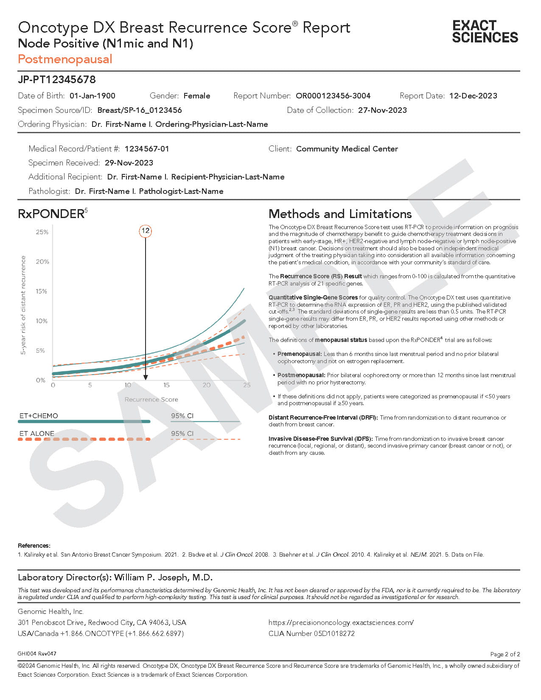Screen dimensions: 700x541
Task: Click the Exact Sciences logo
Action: (485, 31)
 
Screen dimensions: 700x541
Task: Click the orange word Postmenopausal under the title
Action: (65, 59)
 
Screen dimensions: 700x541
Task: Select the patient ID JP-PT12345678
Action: (57, 79)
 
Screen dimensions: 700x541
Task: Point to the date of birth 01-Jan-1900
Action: (92, 96)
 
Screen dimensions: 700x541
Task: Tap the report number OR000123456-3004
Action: (333, 96)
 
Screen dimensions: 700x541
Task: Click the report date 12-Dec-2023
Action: (473, 96)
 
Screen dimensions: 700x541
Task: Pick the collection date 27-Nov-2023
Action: (382, 110)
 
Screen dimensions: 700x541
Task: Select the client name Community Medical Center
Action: (347, 149)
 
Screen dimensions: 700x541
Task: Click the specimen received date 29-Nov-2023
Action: (129, 163)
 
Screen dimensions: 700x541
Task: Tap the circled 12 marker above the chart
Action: (145, 231)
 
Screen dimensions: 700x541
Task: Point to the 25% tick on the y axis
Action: (42, 232)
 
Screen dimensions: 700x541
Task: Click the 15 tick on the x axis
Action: (166, 385)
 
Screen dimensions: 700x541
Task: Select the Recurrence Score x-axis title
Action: (151, 400)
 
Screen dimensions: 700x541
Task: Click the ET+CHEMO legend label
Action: (39, 416)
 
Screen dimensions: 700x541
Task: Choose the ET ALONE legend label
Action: (37, 434)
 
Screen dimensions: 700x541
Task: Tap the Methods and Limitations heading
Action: (340, 214)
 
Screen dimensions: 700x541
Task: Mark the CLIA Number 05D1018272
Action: (311, 633)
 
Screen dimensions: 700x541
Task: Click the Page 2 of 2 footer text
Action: (505, 654)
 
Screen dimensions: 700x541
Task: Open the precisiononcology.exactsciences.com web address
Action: (341, 622)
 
